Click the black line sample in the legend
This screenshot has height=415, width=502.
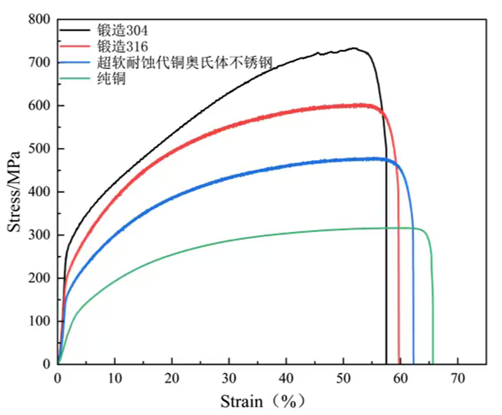(77, 31)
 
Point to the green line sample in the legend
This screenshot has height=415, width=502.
(77, 78)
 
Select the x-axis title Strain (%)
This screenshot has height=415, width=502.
(263, 401)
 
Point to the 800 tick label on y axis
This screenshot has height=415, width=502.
(39, 20)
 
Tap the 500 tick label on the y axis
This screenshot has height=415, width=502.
(39, 149)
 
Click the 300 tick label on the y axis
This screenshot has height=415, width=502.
(39, 236)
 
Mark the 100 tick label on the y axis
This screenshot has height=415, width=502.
(39, 321)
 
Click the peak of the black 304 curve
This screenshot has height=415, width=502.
(354, 49)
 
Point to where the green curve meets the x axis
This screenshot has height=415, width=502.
(433, 363)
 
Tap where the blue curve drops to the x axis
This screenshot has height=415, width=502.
(414, 363)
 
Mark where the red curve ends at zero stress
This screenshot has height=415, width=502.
(399, 363)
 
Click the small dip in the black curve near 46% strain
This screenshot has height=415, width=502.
(320, 54)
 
